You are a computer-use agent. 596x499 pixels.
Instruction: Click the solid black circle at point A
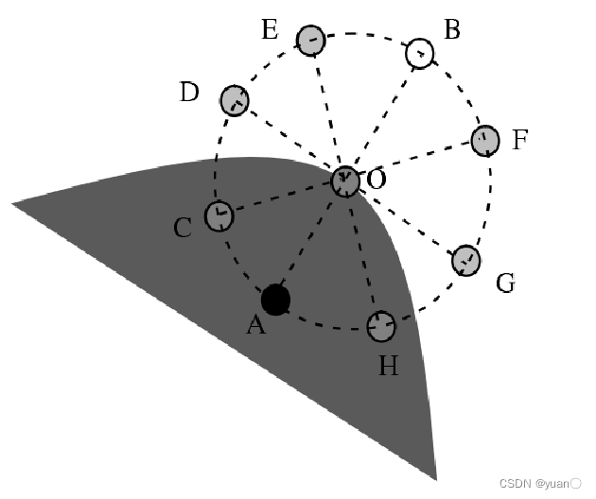(x=275, y=300)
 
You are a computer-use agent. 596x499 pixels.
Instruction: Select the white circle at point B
(x=420, y=53)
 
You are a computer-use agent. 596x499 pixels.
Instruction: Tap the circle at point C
(x=219, y=215)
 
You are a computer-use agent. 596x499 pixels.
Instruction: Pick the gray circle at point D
(x=235, y=99)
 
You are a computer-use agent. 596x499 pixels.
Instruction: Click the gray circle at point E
(x=311, y=40)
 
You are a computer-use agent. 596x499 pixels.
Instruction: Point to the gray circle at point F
(x=485, y=140)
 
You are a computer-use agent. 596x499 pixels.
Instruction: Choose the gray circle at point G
(x=465, y=259)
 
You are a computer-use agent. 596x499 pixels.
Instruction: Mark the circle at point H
(x=380, y=327)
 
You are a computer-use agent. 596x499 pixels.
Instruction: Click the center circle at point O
(x=345, y=181)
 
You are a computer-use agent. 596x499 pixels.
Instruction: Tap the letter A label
(x=255, y=326)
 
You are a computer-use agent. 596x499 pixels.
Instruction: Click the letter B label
(x=452, y=30)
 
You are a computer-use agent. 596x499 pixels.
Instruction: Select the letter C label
(x=184, y=228)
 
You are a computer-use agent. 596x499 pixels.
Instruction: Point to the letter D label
(x=189, y=93)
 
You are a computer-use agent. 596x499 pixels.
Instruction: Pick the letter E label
(x=270, y=30)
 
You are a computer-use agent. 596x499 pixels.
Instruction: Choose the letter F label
(x=520, y=142)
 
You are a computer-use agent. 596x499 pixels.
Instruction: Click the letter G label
(x=505, y=283)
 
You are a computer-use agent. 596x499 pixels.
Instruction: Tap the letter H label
(x=389, y=365)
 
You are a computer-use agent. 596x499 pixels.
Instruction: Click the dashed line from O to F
(x=416, y=160)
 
